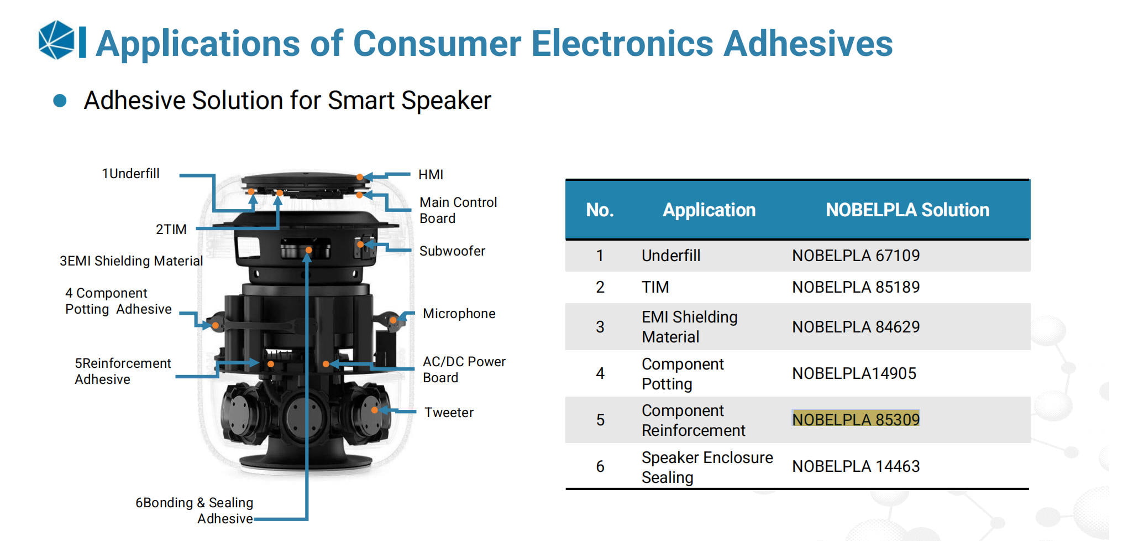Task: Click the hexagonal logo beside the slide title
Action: [x=56, y=40]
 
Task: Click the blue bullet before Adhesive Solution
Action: [x=60, y=101]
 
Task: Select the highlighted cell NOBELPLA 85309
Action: [x=856, y=419]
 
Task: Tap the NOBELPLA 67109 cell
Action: [x=856, y=256]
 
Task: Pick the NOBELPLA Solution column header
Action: [x=907, y=210]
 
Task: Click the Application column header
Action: [x=709, y=210]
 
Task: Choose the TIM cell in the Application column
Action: [x=655, y=287]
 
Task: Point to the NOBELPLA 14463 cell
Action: [x=856, y=466]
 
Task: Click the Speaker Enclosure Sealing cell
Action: [x=707, y=467]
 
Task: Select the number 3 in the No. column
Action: [x=600, y=327]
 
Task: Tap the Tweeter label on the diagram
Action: [x=449, y=413]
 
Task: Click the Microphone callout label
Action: [x=459, y=314]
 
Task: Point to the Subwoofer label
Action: [x=452, y=251]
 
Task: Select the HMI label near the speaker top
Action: [x=431, y=175]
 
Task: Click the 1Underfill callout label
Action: [x=130, y=174]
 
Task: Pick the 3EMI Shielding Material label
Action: [x=131, y=261]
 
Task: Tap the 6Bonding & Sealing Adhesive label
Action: [x=195, y=511]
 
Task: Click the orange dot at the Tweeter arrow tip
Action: [x=375, y=410]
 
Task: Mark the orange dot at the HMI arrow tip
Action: [x=360, y=177]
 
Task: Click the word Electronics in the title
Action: [x=622, y=43]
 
